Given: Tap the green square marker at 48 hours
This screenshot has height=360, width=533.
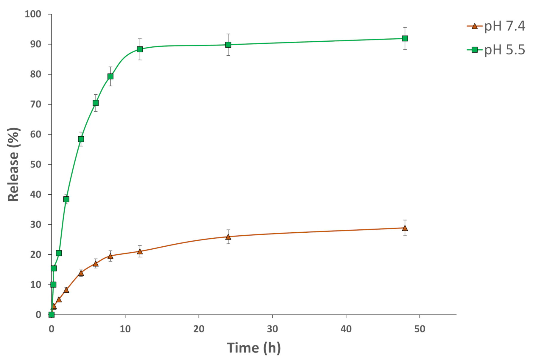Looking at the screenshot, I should tap(405, 38).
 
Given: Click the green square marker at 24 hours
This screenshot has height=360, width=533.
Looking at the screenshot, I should tap(228, 45).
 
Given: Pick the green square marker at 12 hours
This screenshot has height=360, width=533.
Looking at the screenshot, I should tap(140, 49).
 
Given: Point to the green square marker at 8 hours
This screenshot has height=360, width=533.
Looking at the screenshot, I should tap(110, 76).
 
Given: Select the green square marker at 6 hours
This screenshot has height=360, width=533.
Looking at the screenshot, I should tap(96, 103).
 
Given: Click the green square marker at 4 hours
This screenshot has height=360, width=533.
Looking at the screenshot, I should tap(81, 139).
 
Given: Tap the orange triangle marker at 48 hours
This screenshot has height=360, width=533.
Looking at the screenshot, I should tap(405, 228).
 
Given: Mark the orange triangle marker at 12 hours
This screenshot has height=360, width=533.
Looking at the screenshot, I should tap(140, 252).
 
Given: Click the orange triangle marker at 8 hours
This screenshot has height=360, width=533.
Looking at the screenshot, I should tap(110, 256).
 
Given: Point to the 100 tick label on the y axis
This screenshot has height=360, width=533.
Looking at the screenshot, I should tap(33, 14).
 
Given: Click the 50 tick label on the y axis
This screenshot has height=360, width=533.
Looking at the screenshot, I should tap(35, 164).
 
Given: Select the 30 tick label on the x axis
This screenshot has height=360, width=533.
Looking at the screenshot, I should tap(272, 329).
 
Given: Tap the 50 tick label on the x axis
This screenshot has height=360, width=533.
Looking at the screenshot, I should tap(420, 329).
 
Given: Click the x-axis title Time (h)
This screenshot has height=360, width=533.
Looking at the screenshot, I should tap(254, 348).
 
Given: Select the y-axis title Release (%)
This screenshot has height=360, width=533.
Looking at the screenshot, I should tap(13, 164).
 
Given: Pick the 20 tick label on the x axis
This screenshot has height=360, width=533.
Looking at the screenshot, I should tap(199, 329).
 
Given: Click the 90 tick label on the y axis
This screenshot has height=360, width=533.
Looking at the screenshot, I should tap(35, 44).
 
